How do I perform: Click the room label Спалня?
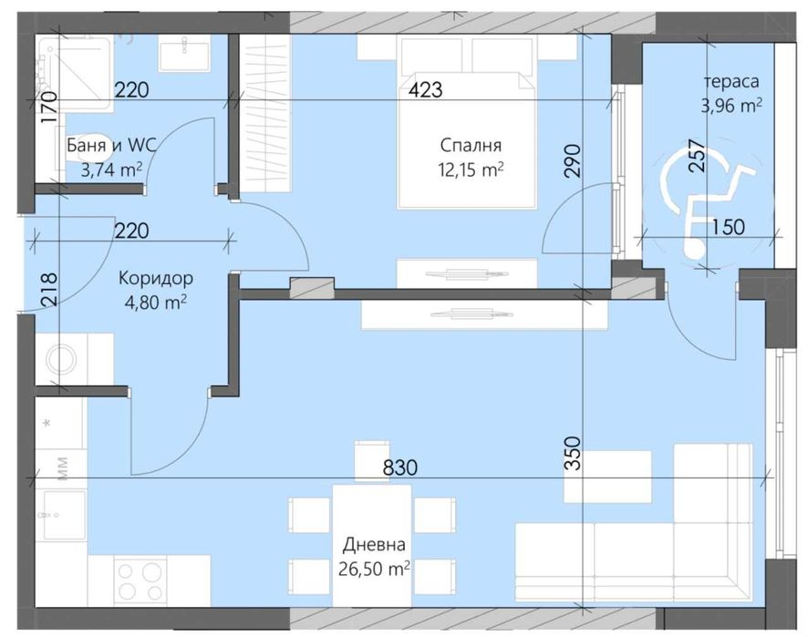(471, 145)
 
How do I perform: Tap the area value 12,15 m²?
(471, 169)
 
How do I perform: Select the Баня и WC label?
(106, 145)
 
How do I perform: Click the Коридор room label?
(154, 278)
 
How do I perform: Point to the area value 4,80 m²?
(154, 302)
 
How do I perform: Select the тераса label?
(730, 80)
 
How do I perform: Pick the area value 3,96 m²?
(730, 105)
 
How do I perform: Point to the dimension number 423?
(426, 89)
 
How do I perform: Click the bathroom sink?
(185, 54)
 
